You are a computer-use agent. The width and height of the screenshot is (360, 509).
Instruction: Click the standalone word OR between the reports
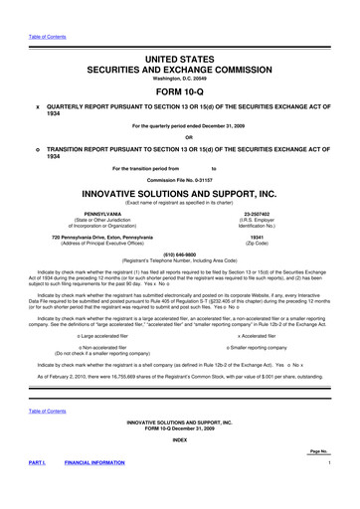click(x=180, y=137)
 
